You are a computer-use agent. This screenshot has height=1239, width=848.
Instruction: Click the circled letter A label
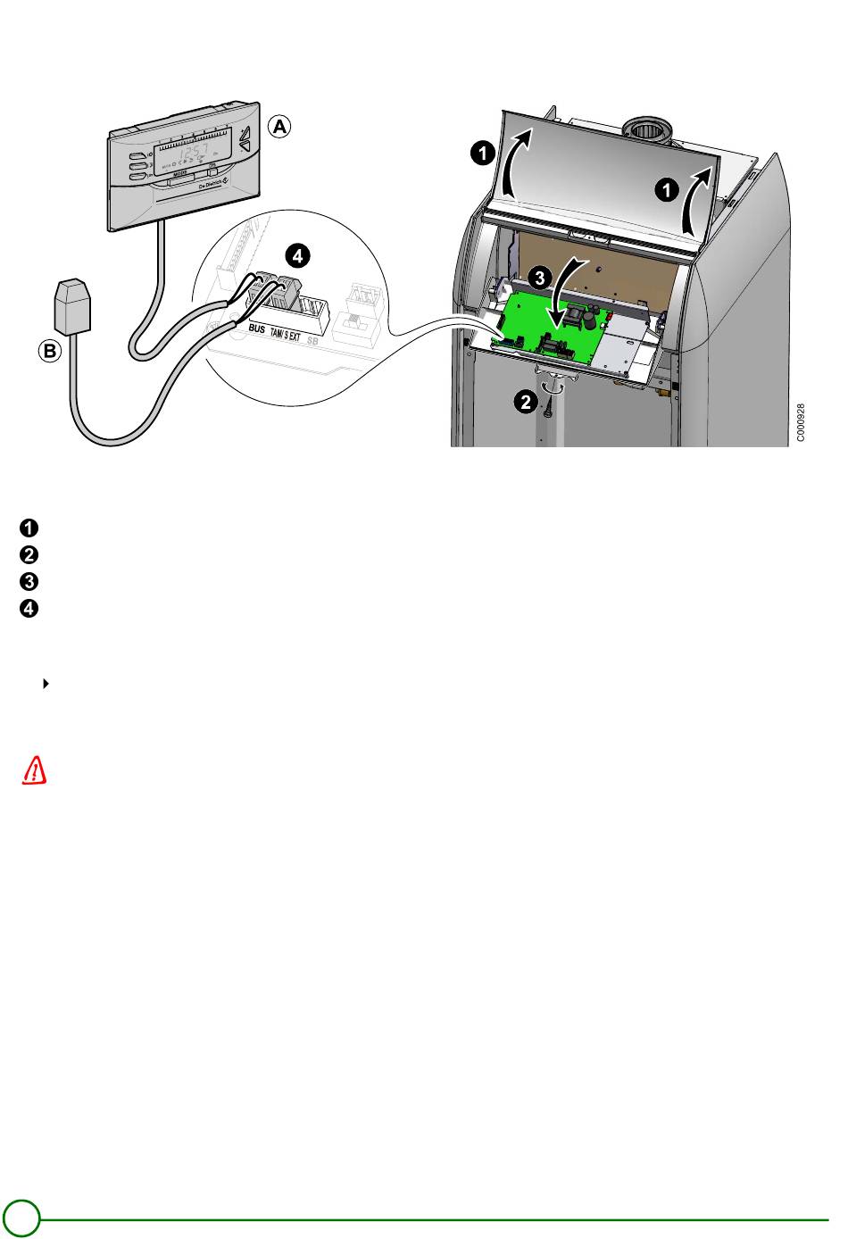tap(280, 128)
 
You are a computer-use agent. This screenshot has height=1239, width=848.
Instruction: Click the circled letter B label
tap(49, 352)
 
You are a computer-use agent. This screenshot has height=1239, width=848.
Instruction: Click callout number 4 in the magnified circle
tap(297, 256)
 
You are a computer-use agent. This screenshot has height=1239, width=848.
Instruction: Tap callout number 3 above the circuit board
tap(538, 278)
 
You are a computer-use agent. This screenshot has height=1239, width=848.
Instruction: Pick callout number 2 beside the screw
tap(526, 403)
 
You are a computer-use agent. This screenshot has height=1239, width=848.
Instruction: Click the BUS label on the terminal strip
tap(257, 330)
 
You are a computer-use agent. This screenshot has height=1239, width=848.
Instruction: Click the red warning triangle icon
tap(34, 770)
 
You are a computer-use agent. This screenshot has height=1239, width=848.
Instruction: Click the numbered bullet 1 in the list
tap(29, 526)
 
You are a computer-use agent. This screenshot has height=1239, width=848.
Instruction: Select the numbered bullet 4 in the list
tap(29, 610)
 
